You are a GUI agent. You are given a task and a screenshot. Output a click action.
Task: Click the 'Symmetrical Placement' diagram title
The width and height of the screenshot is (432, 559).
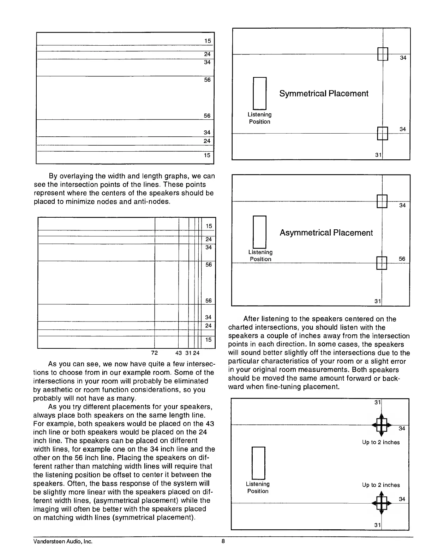tap(324, 94)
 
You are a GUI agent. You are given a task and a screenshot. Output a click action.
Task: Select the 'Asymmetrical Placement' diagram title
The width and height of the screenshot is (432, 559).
tap(326, 233)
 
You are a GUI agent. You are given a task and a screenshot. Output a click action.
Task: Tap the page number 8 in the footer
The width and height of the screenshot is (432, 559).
tap(223, 541)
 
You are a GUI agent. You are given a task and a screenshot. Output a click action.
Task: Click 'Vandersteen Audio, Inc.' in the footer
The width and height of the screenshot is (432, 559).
tap(63, 541)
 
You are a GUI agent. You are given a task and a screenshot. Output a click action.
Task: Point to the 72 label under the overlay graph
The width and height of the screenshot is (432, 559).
tap(154, 353)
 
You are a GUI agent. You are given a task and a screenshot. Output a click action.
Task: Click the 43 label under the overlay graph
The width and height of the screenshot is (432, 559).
tap(179, 353)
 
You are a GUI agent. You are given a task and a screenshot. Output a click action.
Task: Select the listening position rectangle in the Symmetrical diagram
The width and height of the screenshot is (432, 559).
tap(259, 93)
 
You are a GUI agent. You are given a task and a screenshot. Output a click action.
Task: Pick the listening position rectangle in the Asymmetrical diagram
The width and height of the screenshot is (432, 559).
tap(259, 232)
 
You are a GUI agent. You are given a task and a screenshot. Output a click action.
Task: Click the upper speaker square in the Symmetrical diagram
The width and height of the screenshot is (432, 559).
tap(383, 54)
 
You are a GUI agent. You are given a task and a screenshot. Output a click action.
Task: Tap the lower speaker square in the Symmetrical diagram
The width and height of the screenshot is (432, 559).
tap(383, 133)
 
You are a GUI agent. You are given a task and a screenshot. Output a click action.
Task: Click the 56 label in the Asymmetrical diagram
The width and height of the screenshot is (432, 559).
tap(402, 259)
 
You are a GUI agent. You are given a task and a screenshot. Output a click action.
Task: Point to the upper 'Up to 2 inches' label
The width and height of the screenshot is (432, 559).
tap(381, 442)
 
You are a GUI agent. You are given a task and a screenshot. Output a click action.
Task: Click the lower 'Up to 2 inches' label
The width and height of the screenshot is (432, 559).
tap(381, 485)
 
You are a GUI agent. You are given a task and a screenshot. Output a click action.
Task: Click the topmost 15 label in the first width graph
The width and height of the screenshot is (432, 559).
tap(208, 41)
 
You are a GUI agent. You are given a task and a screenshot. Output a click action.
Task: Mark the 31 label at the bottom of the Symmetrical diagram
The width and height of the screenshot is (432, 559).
tap(378, 155)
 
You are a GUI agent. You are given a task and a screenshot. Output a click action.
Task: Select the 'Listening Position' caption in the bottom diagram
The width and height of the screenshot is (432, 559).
tap(258, 488)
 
